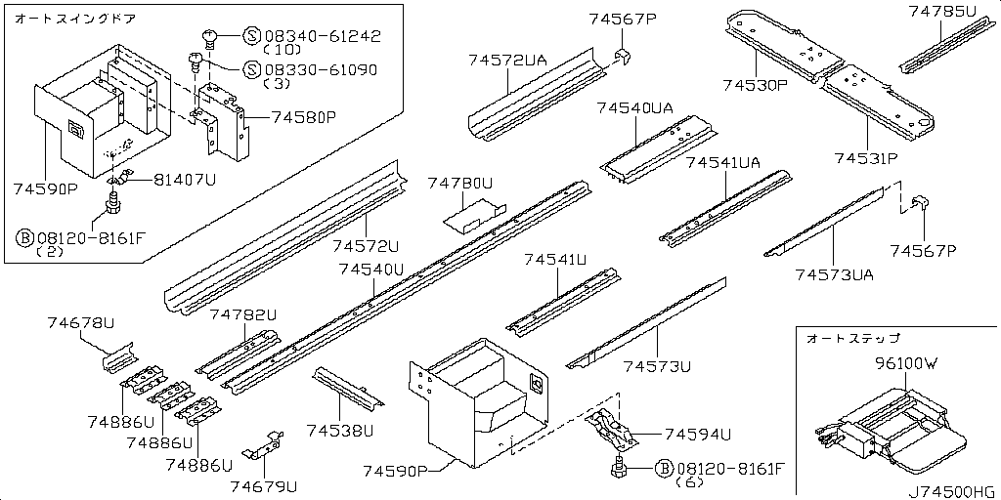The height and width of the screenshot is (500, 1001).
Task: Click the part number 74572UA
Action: (x=507, y=61)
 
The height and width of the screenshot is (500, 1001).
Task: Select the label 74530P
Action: (x=755, y=86)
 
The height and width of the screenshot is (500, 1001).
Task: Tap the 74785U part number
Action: (x=941, y=12)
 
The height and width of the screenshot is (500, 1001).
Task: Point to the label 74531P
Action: (x=866, y=157)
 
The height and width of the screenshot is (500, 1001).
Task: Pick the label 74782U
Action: (x=243, y=314)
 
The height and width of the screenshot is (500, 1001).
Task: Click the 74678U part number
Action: (x=80, y=322)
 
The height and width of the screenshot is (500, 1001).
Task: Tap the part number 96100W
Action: (x=905, y=363)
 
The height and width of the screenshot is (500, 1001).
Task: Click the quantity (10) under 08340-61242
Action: (x=283, y=49)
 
